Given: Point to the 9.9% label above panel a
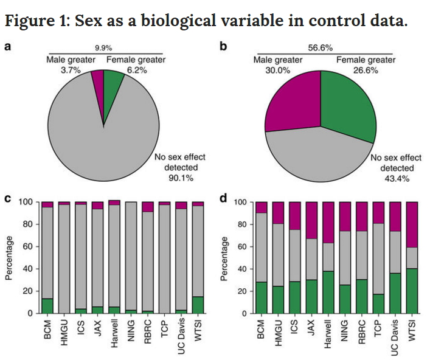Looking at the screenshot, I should tap(104, 47).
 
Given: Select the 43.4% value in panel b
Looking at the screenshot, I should tap(394, 178).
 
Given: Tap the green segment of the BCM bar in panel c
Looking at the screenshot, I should tap(47, 306).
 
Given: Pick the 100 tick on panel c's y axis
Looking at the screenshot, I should tap(26, 202).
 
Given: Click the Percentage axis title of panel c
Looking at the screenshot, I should tap(10, 258).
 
